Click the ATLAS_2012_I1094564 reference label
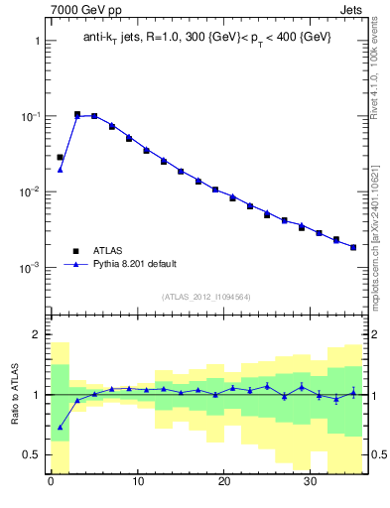tap(206, 297)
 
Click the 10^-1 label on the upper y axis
tap(30, 117)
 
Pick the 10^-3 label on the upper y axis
tap(30, 268)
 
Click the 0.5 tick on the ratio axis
tap(32, 455)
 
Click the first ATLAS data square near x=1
tap(60, 157)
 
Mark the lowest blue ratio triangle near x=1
tap(60, 428)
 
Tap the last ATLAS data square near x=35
tap(353, 247)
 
